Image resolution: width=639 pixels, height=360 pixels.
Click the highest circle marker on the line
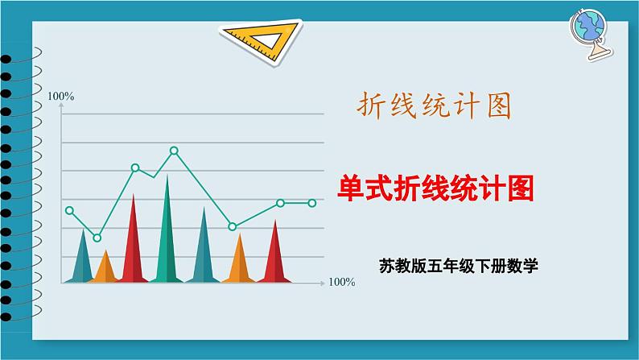tap(174, 151)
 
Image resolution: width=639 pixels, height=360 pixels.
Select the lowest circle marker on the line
tap(97, 238)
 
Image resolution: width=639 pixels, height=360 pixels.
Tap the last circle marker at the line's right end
tap(312, 203)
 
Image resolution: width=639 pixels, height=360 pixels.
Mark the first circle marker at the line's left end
tap(69, 210)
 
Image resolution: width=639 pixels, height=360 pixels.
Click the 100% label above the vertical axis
tap(61, 97)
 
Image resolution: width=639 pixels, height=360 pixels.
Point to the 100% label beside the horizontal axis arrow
tap(342, 283)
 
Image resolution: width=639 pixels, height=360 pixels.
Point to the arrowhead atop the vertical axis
tap(61, 108)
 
